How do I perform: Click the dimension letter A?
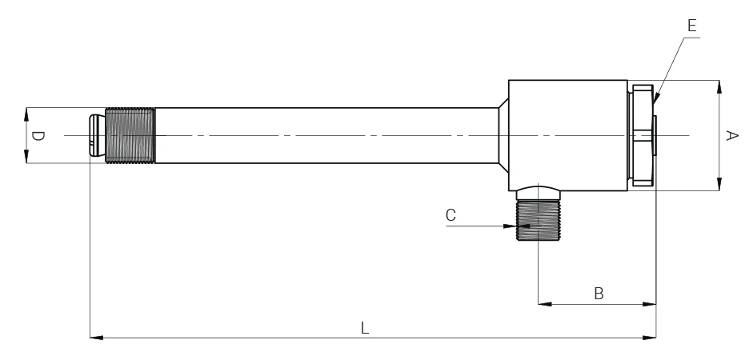(x=731, y=136)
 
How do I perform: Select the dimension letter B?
(x=598, y=294)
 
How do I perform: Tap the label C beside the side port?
(x=451, y=214)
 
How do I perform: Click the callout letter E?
(x=691, y=26)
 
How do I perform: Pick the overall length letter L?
(x=364, y=327)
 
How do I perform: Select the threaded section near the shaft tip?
(x=130, y=136)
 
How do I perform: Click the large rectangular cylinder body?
(x=567, y=136)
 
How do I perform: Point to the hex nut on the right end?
(x=643, y=136)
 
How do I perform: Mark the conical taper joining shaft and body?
(x=502, y=136)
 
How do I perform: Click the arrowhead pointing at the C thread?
(x=511, y=226)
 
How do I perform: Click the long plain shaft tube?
(x=320, y=136)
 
